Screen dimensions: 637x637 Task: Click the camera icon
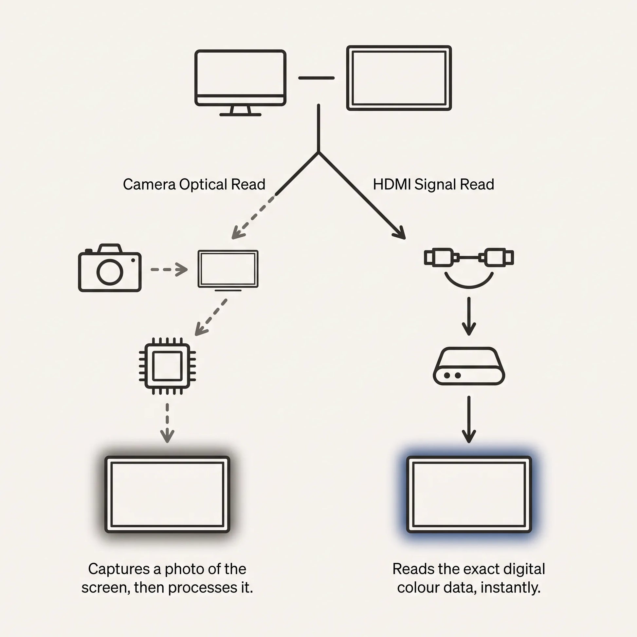click(x=110, y=268)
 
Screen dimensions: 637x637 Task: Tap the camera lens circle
click(x=110, y=272)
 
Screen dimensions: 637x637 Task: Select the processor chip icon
click(x=167, y=366)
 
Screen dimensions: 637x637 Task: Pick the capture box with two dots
click(x=469, y=366)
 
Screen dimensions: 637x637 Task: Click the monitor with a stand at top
click(x=240, y=83)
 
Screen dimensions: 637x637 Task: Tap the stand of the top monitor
click(x=240, y=111)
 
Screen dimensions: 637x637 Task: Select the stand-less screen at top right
click(x=399, y=78)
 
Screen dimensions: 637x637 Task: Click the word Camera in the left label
click(x=149, y=184)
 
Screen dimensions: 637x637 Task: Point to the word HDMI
click(x=392, y=184)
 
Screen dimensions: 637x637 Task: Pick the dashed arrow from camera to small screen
click(x=169, y=269)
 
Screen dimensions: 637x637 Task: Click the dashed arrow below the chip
click(x=167, y=423)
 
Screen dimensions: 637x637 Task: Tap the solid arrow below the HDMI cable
click(x=469, y=316)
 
